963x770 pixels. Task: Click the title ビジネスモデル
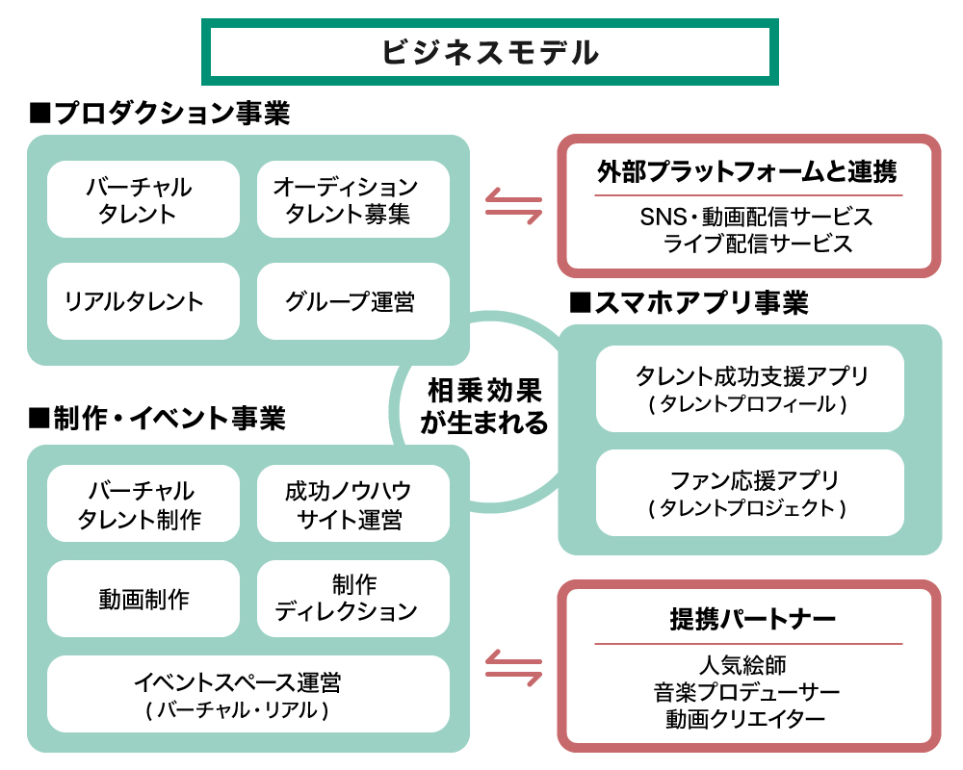coord(489,52)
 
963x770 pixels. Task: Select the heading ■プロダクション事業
coord(160,113)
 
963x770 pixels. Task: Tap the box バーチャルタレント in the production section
coord(143,199)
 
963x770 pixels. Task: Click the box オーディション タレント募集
coord(352,199)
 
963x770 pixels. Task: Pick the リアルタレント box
coord(143,301)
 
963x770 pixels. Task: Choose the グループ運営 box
coord(352,301)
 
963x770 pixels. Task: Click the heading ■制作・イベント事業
coord(158,419)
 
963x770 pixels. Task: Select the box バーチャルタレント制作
coord(143,504)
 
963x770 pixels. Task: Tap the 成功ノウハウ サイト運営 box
coord(352,504)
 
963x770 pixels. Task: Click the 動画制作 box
coord(143,599)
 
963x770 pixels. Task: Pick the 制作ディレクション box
coord(352,599)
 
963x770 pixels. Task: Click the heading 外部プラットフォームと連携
coord(747,172)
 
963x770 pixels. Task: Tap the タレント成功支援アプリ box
coord(749,389)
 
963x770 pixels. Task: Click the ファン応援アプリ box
coord(749,492)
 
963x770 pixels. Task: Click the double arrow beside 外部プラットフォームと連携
coord(513,205)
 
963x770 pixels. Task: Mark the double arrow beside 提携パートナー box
coord(513,666)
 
